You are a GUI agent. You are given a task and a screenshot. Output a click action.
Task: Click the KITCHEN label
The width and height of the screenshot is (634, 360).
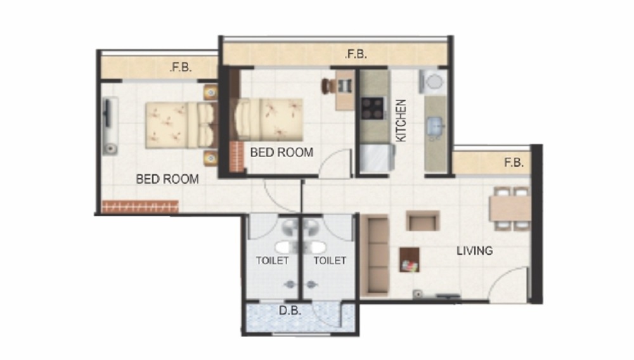(x=401, y=120)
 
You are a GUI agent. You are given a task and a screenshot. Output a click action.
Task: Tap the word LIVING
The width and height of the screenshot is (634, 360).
(x=474, y=251)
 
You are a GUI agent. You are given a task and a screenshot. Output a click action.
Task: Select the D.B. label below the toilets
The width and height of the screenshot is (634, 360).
(x=290, y=311)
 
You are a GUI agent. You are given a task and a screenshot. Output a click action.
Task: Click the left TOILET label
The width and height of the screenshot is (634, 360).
(x=272, y=260)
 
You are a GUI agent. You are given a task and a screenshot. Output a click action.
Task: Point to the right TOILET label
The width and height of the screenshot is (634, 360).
(x=330, y=260)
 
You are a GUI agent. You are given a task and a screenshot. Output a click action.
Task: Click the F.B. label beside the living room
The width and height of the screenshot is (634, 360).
(x=514, y=163)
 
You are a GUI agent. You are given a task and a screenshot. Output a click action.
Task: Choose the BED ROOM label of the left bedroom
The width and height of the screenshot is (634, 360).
(x=167, y=179)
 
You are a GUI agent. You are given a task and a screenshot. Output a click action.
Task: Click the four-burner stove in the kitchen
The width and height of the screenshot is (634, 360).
(x=372, y=108)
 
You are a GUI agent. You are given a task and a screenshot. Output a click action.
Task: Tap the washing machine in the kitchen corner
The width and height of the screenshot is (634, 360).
(x=434, y=82)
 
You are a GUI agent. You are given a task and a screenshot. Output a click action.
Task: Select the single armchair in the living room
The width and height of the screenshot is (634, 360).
(x=422, y=221)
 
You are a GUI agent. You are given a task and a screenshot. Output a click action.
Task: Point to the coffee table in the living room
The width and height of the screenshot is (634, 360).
(x=409, y=259)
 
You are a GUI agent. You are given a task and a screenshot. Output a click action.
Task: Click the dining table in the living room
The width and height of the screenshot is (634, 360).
(x=509, y=208)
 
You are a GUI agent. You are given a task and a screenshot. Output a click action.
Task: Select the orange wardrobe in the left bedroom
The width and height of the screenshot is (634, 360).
(x=140, y=207)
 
